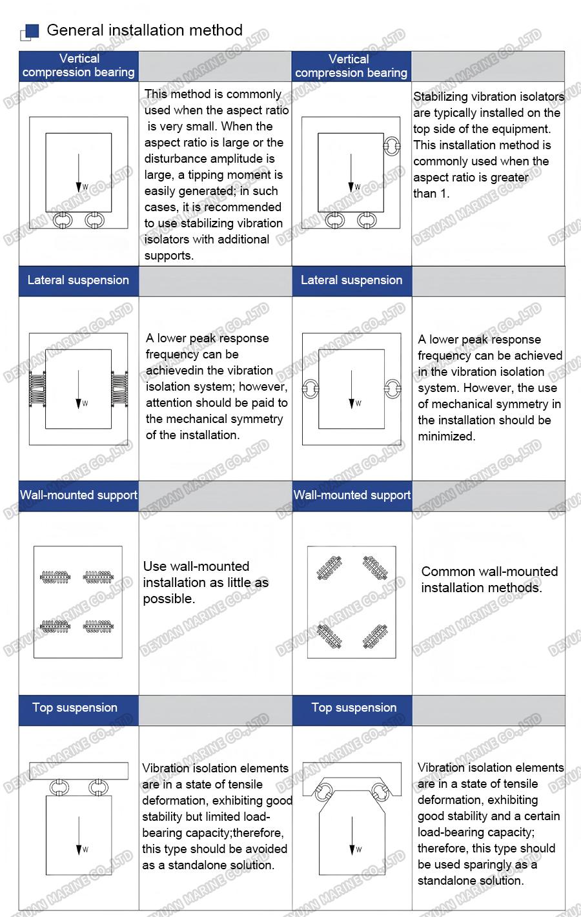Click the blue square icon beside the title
tap(32, 31)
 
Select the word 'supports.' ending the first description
tap(168, 256)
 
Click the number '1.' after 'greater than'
tap(444, 194)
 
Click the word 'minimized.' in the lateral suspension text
tap(446, 437)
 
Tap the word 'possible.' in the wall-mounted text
tap(168, 599)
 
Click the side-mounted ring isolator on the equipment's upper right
tap(391, 147)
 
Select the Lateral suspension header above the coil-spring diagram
tap(78, 280)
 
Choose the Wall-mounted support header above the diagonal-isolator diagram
tap(352, 495)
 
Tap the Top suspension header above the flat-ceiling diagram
tap(75, 708)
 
